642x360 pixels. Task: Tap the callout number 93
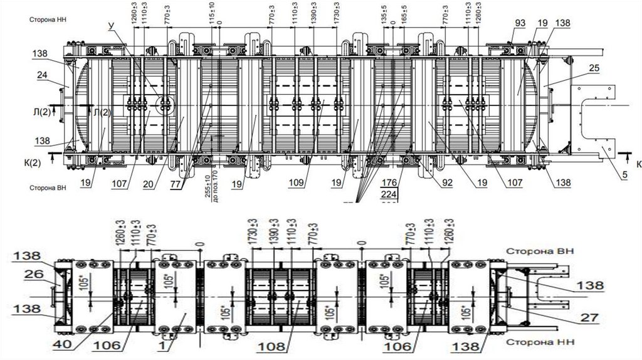click(x=520, y=24)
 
